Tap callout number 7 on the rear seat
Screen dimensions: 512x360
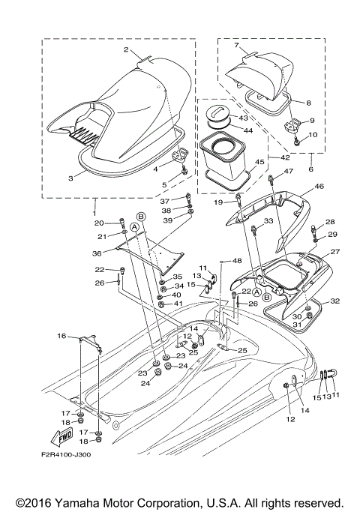tap(236, 46)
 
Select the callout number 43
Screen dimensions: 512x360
tap(243, 118)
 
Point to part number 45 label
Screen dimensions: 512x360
tap(259, 161)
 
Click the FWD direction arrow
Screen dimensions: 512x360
tap(65, 434)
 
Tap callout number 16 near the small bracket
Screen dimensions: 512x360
tap(61, 336)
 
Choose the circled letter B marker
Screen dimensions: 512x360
tap(140, 216)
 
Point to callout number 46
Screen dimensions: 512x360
tap(319, 187)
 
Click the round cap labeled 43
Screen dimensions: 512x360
tap(220, 116)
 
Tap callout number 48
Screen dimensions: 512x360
tap(237, 261)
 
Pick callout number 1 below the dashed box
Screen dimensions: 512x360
tap(95, 203)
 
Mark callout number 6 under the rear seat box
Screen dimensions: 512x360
tap(311, 169)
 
